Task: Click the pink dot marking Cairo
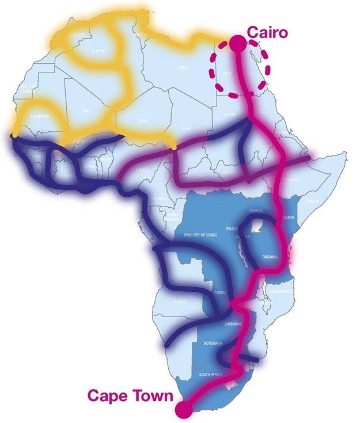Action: pyautogui.click(x=237, y=43)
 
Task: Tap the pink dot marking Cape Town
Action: pyautogui.click(x=184, y=409)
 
